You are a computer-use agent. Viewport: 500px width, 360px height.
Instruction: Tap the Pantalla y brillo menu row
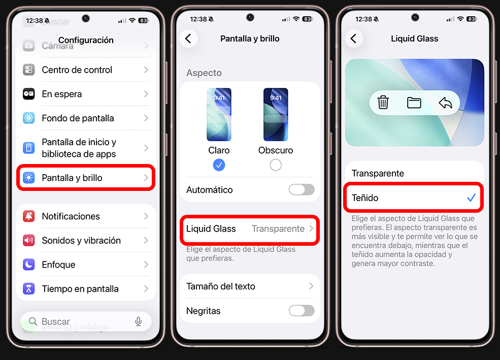(86, 178)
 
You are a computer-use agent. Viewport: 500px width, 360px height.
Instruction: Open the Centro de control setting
(86, 70)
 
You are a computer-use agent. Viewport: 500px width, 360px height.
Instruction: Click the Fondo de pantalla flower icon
(29, 118)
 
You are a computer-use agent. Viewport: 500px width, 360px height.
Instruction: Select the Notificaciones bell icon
(29, 216)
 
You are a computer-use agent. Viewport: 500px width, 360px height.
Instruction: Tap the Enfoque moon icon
(29, 265)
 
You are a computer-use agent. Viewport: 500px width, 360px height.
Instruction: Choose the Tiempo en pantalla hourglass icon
(29, 289)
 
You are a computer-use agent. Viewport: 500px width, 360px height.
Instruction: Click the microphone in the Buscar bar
(138, 321)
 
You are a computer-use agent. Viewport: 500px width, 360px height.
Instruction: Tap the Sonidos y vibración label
(81, 241)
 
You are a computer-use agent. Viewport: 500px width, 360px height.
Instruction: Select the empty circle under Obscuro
(276, 165)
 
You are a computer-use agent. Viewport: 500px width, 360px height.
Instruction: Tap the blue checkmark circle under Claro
(219, 165)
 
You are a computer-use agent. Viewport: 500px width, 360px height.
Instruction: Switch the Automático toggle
(302, 190)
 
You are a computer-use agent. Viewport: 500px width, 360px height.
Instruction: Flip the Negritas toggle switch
(302, 311)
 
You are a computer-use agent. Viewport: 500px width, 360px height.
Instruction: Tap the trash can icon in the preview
(383, 103)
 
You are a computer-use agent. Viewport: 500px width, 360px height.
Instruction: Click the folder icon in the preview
(414, 103)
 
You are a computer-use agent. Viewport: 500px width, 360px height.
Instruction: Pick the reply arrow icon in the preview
(445, 103)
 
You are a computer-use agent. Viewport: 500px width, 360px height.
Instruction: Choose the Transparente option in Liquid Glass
(378, 174)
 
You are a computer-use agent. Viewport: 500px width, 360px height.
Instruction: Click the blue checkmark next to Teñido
(471, 198)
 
